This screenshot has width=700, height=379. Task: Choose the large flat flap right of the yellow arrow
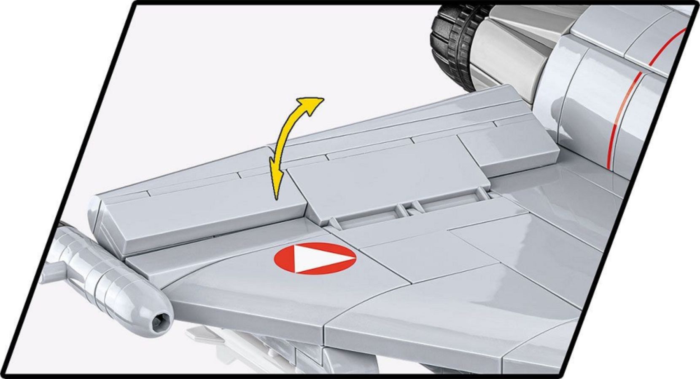click(x=388, y=177)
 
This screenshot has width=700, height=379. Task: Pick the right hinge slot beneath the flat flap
click(x=447, y=204)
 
